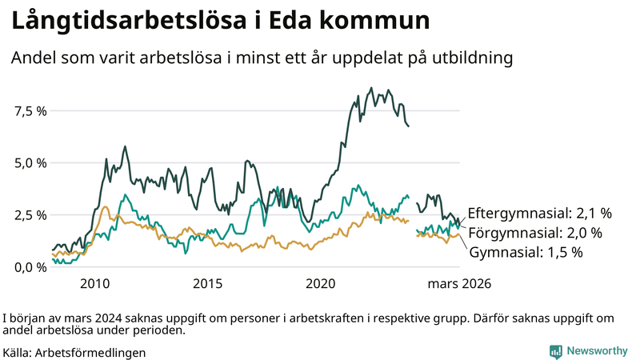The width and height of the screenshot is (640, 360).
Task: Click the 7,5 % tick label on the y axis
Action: pos(30,110)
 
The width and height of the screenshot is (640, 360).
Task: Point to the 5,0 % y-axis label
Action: pos(30,162)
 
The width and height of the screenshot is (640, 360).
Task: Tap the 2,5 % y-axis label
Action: pos(30,215)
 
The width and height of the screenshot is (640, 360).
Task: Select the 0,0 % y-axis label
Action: pos(30,267)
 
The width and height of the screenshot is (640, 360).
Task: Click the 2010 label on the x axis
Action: pos(94,284)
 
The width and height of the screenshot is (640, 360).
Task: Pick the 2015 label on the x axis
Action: pos(207,284)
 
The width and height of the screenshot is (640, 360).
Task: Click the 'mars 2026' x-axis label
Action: pos(458,284)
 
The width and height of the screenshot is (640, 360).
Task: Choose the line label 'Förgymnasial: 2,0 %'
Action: pos(534,233)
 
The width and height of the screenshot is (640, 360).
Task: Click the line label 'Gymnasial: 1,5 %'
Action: pos(525,252)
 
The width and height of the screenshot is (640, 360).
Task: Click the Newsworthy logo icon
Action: pos(555,351)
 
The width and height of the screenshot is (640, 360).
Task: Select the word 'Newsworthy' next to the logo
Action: pos(597,351)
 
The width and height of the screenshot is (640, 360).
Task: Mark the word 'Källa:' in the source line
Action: pos(18,352)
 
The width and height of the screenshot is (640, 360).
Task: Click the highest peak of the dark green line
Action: pos(371,88)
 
